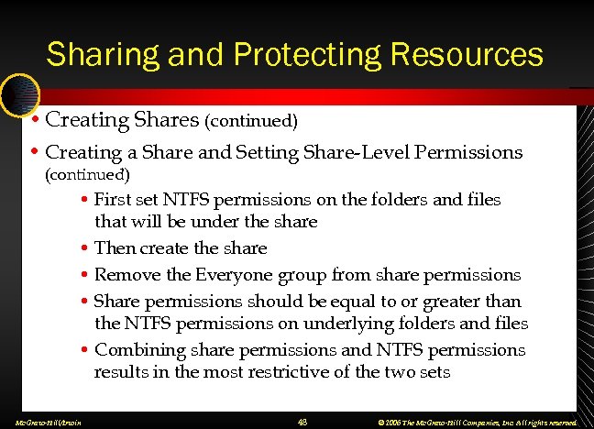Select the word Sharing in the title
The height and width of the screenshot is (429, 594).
coord(102,54)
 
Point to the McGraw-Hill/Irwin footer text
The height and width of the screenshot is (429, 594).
coord(43,422)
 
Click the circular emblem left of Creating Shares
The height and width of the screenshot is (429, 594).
coord(19,94)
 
